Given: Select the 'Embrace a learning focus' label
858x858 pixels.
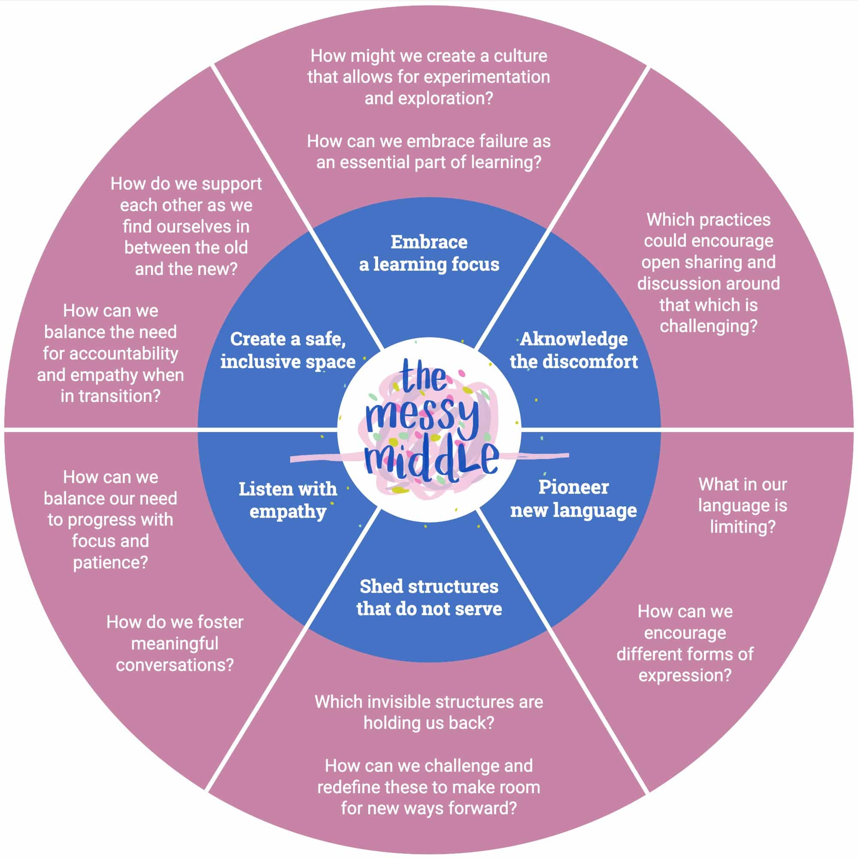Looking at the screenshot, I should [x=429, y=253].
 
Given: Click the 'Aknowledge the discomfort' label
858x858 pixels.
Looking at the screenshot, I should [x=573, y=350].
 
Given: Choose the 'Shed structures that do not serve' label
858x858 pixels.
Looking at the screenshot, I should [x=429, y=597].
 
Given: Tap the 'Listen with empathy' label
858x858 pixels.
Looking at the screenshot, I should [x=288, y=500].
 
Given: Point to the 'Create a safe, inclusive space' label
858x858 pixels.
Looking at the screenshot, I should [x=288, y=350].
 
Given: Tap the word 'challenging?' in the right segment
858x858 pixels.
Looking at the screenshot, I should [x=708, y=326].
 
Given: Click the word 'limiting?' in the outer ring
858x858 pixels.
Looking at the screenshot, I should [x=743, y=527].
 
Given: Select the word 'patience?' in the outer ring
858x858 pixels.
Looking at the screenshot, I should [x=110, y=563].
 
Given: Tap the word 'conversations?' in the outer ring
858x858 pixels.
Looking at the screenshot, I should [x=175, y=665].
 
